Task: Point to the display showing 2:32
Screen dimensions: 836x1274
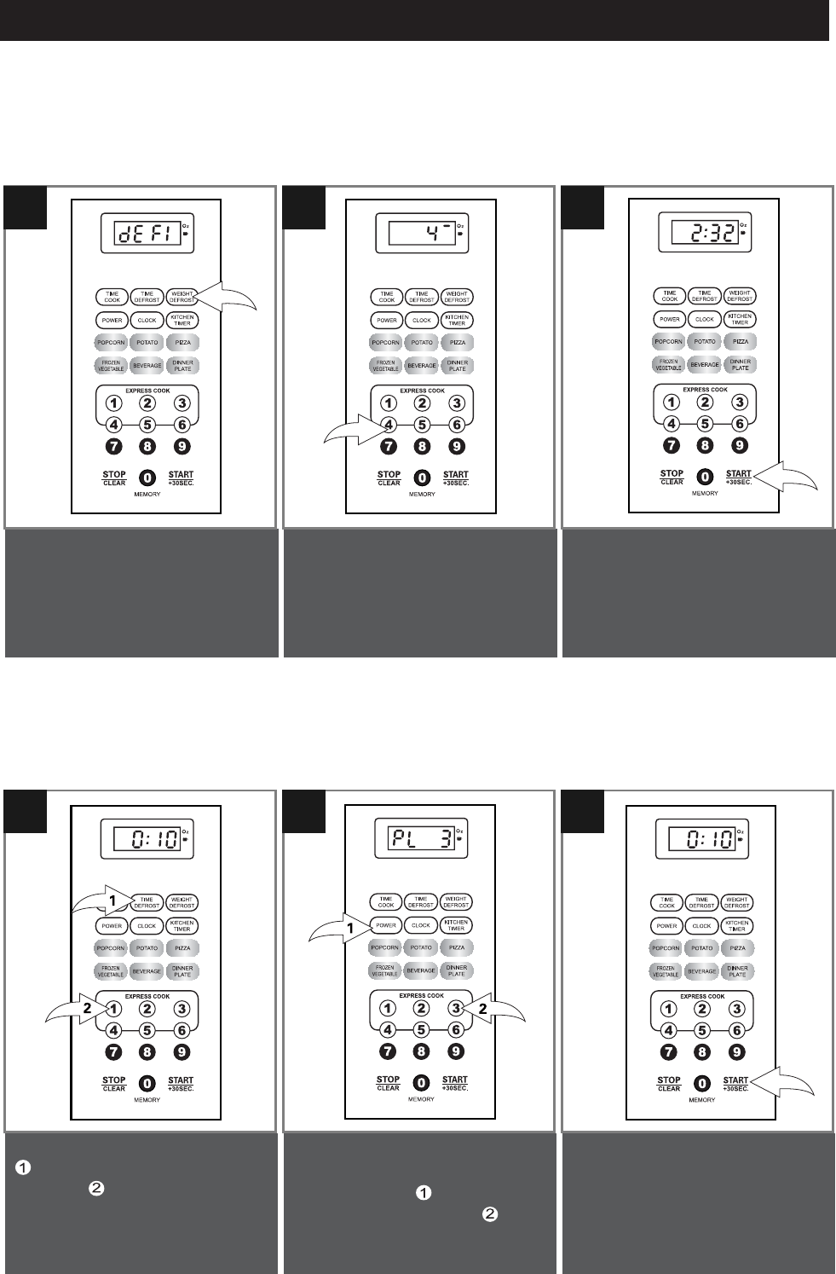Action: pyautogui.click(x=704, y=231)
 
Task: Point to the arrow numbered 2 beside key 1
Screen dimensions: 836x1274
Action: pyautogui.click(x=75, y=1011)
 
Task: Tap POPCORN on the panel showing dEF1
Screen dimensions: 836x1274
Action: pyautogui.click(x=112, y=342)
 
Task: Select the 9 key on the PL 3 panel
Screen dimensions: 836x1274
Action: pyautogui.click(x=456, y=1052)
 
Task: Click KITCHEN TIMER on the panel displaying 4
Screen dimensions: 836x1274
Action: pyautogui.click(x=457, y=320)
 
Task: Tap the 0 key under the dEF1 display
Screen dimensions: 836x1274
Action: pyautogui.click(x=147, y=478)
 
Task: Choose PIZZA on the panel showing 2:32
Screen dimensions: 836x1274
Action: pyautogui.click(x=740, y=341)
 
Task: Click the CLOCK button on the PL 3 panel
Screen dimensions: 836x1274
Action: pyautogui.click(x=421, y=925)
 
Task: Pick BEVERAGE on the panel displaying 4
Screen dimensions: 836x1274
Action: pyautogui.click(x=422, y=366)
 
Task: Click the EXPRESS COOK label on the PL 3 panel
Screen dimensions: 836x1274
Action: pyautogui.click(x=421, y=995)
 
